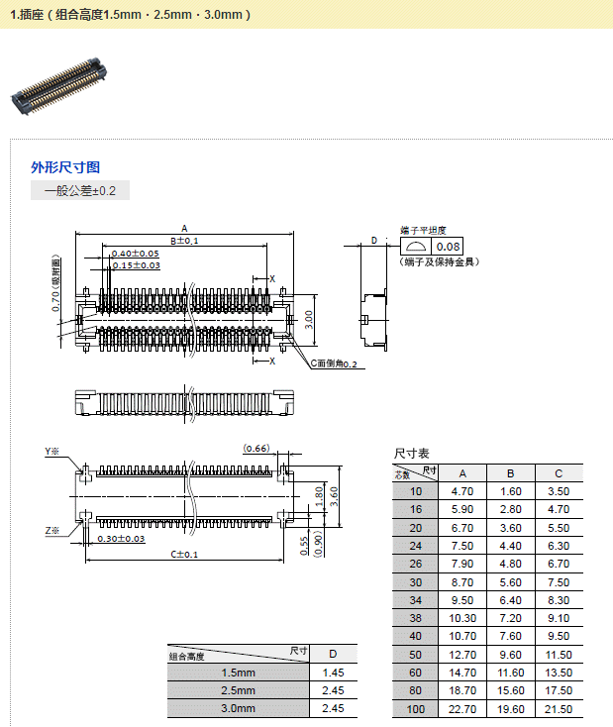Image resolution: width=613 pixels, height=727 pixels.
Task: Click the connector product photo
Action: pos(57,84)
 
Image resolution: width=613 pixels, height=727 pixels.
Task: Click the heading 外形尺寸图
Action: pos(65,167)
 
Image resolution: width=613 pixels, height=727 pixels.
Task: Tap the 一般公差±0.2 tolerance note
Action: pos(80,191)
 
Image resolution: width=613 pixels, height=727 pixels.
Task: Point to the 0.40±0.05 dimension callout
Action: pos(136,254)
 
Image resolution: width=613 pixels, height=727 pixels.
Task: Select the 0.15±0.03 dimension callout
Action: pos(136,265)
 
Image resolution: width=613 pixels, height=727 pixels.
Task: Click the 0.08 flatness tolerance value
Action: pos(449,247)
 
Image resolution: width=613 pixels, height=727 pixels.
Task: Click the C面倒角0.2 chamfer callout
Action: pos(334,363)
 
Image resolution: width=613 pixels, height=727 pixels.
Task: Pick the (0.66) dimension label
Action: pos(256,449)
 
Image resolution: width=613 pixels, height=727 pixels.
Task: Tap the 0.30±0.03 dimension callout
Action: pos(121,539)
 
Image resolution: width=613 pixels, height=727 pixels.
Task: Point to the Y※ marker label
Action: pos(51,452)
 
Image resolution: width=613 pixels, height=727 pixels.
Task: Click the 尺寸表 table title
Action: pos(411,454)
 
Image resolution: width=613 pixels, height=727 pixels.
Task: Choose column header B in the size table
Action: pos(510,472)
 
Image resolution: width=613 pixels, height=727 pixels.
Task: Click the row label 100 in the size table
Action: pos(415,708)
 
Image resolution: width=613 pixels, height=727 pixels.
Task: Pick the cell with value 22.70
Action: pos(462,708)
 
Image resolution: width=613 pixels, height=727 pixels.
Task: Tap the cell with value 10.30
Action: pos(462,617)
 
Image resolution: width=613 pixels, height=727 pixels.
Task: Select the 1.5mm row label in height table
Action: pos(238,673)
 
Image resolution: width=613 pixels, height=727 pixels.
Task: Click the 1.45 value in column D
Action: pos(333,673)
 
